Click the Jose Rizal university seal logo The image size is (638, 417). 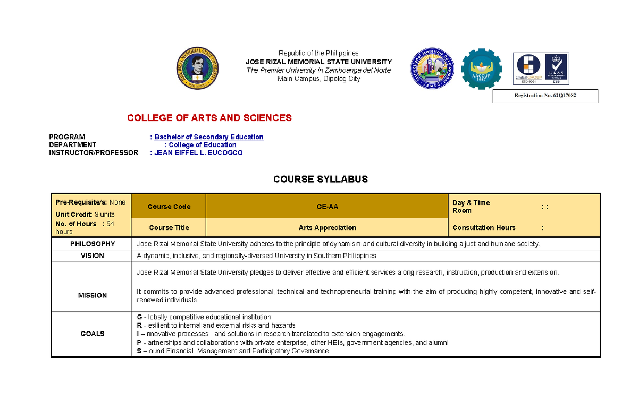[197, 71]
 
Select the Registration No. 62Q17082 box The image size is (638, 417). [545, 96]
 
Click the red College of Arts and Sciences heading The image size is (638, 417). [209, 118]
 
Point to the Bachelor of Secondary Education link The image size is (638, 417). [209, 137]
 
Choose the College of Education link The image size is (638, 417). [203, 145]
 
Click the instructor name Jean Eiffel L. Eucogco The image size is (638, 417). [198, 153]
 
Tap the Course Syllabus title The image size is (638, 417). [321, 180]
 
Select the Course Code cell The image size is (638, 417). [169, 207]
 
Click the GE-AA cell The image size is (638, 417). [327, 207]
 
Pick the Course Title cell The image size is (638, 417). [169, 228]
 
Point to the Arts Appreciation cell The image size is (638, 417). [327, 228]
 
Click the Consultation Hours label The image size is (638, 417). [484, 228]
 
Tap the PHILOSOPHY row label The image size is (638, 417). [93, 244]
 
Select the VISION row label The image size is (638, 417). [93, 256]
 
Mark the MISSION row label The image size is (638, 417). [93, 295]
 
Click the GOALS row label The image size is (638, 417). [93, 334]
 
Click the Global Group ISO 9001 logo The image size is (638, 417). [528, 67]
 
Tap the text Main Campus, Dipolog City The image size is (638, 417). [319, 79]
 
